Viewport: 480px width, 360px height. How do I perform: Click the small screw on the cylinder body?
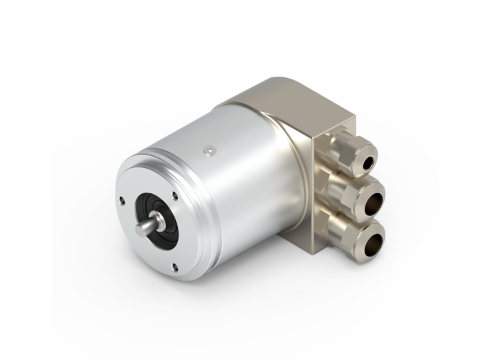(212, 151)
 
